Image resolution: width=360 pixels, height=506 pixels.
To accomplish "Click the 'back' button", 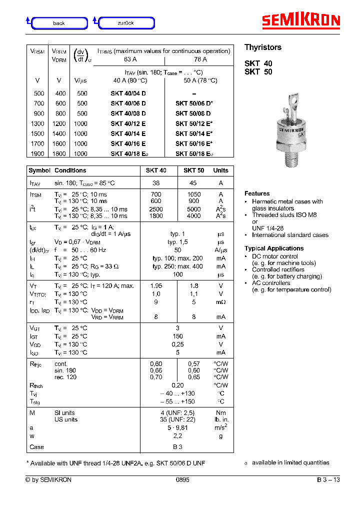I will click(59, 23).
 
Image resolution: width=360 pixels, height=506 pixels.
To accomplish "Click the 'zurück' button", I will click(126, 23).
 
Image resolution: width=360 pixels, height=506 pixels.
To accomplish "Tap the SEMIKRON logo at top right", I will click(301, 20).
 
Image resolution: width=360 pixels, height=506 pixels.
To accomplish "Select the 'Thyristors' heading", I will click(262, 47).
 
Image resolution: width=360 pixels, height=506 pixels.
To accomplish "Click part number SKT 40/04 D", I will click(128, 93).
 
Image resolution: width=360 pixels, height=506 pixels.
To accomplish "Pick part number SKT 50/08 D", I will click(193, 113).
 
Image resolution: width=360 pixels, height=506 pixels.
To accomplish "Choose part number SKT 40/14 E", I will click(128, 134).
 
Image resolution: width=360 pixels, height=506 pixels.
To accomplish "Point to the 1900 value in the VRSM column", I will click(37, 154).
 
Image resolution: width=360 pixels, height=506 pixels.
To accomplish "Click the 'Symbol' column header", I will click(39, 170).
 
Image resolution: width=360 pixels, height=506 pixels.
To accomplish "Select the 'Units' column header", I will click(220, 170).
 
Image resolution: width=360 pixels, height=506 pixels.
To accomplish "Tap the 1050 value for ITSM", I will click(194, 194).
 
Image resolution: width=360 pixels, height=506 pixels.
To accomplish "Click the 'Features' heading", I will click(257, 193).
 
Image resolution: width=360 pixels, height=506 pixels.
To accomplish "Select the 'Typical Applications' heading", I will click(274, 248).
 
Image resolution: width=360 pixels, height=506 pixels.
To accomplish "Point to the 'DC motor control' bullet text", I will click(275, 256).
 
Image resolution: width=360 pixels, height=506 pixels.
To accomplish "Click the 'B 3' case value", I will click(177, 447).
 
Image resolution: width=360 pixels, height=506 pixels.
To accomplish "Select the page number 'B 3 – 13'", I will click(328, 480).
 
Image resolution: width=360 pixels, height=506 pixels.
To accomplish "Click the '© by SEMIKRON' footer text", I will click(48, 480).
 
